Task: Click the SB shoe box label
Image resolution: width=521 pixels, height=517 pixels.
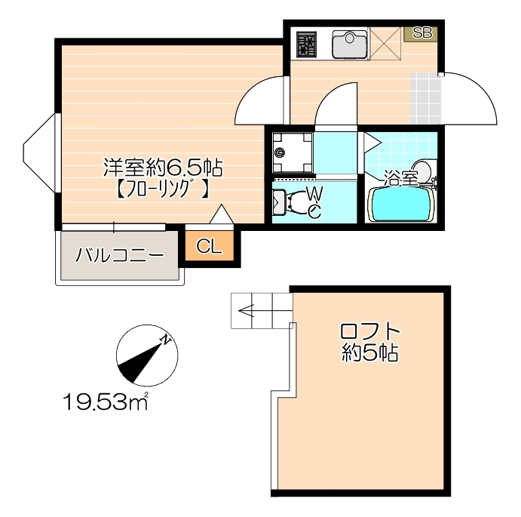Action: [421, 33]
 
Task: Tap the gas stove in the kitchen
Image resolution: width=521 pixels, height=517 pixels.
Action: [308, 45]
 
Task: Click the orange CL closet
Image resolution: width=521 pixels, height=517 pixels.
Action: [210, 246]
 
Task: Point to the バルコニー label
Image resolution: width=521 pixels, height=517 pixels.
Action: [119, 254]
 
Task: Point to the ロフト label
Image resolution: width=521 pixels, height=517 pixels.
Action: [369, 331]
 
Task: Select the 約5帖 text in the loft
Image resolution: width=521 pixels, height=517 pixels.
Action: [369, 352]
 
